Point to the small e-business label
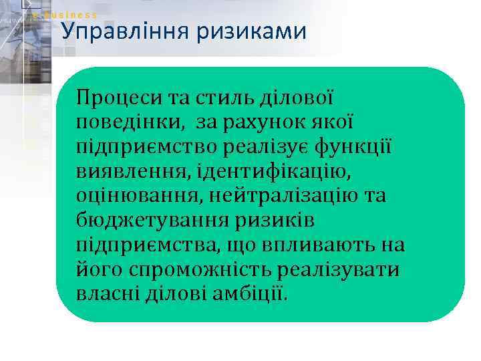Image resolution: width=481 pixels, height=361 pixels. [65, 15]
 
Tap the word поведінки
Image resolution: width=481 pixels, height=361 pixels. [131, 123]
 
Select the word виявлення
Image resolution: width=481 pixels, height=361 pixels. [133, 172]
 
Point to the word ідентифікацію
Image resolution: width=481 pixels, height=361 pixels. [281, 172]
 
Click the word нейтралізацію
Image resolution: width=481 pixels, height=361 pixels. [287, 197]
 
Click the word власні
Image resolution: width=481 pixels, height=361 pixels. [107, 295]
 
